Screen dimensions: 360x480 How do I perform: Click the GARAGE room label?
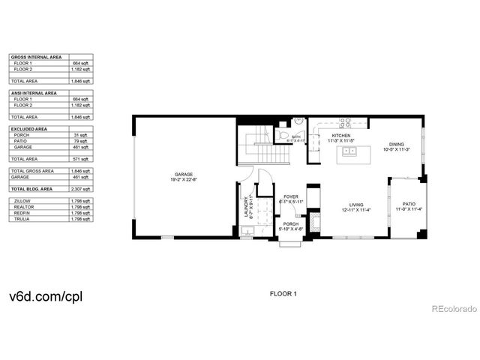(x=184, y=175)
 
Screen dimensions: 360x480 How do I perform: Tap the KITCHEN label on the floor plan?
(x=340, y=136)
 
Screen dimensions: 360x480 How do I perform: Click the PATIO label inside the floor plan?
(x=409, y=203)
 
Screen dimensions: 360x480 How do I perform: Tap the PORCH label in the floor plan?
(x=290, y=223)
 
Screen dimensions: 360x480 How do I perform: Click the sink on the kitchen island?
(x=349, y=151)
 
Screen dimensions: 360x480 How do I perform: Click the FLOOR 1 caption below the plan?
(x=283, y=293)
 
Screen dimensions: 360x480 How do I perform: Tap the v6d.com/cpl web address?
(x=45, y=295)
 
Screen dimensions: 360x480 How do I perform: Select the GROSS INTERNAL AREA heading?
(x=36, y=56)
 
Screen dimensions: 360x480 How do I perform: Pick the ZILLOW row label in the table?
(x=22, y=201)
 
